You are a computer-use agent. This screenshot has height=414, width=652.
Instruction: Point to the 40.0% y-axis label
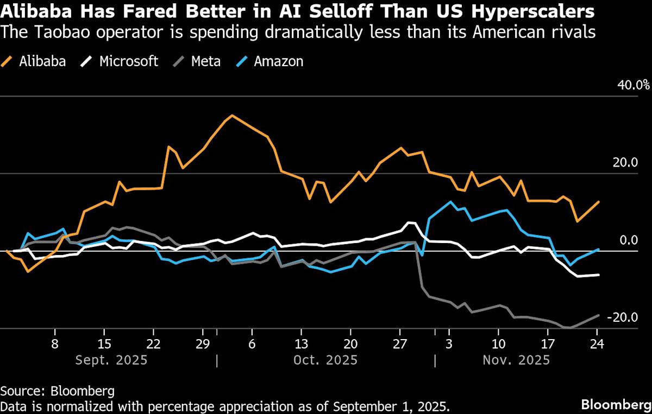click(632, 85)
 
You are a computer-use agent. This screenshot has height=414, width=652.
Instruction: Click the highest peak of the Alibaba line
click(232, 115)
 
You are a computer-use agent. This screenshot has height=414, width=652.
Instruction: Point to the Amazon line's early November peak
click(450, 202)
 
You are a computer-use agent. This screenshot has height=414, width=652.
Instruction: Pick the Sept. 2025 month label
click(111, 360)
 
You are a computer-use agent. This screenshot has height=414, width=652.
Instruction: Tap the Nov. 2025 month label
click(517, 360)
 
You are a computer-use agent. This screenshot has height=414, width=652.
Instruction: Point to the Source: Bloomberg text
click(57, 391)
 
